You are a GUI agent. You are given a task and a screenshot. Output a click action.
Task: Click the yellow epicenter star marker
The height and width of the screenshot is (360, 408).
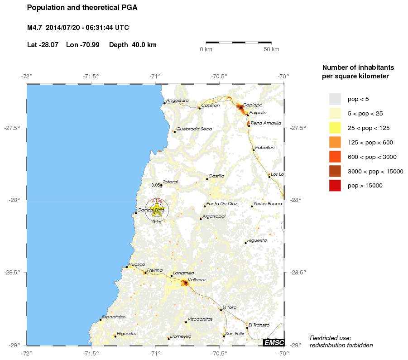coord(157,210)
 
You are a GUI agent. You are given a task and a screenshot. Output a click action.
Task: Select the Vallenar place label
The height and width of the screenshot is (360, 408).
coord(197,280)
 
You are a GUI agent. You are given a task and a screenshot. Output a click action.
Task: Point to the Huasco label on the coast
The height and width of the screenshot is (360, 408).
coord(137,264)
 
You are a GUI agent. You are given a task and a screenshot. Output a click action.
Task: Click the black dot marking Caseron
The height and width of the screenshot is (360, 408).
coord(199,108)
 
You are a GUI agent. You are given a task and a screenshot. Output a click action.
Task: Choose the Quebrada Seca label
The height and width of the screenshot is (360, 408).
coord(194,129)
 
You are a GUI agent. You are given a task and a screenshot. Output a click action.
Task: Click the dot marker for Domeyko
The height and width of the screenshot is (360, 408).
coord(168,339)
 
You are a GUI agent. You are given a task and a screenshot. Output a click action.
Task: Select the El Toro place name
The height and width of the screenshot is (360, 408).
coord(230,307)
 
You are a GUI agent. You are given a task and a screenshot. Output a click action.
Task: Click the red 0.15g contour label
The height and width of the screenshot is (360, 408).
coord(157,201)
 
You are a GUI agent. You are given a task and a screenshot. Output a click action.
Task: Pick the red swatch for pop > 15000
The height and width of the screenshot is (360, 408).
coord(335,185)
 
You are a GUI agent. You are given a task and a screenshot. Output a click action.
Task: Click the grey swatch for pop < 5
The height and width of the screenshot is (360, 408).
coord(335,99)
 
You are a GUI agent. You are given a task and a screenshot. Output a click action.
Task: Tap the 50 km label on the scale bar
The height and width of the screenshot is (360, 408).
coord(271,49)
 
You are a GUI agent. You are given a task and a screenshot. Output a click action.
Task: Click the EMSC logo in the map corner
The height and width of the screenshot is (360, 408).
coord(274,343)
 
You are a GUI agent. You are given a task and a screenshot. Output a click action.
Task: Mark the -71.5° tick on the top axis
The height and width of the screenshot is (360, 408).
coord(91,76)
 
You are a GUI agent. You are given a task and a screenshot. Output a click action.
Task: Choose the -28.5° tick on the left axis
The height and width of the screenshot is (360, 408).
coord(16,273)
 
